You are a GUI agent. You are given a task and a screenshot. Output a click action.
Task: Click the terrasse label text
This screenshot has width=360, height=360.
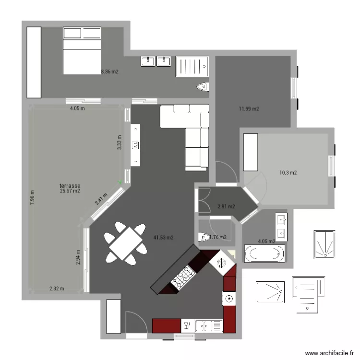click(x=70, y=185)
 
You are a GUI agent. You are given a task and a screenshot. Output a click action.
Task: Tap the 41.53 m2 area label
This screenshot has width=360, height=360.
click(x=163, y=237)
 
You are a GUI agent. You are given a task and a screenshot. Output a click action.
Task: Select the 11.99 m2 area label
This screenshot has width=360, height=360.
click(x=249, y=109)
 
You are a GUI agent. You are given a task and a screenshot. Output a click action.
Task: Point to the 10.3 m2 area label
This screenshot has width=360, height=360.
click(x=288, y=173)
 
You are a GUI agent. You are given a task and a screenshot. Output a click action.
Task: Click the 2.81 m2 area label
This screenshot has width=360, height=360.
click(x=226, y=207)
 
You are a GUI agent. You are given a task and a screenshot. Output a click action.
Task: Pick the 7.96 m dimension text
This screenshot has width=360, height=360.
click(x=32, y=197)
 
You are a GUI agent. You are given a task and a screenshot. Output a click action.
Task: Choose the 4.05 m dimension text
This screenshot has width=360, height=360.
click(x=77, y=108)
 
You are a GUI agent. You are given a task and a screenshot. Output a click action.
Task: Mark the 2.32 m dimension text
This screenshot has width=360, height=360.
click(x=57, y=289)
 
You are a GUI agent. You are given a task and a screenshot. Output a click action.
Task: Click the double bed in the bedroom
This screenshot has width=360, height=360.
click(x=82, y=50)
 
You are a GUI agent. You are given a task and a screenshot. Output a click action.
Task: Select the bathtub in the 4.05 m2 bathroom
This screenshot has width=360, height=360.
click(x=264, y=253)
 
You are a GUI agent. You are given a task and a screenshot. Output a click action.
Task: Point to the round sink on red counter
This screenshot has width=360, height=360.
click(x=229, y=299)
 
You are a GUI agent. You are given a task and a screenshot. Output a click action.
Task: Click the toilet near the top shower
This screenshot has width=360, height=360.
click(x=203, y=87)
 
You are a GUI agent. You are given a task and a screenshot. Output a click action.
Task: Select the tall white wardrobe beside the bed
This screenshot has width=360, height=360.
click(x=34, y=62)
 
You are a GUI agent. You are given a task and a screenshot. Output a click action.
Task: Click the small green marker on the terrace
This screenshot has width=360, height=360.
click(x=120, y=181)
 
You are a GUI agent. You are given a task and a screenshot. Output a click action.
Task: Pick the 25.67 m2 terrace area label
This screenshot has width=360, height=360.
click(x=70, y=191)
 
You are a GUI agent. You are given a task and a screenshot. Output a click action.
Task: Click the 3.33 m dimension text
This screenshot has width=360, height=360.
click(x=120, y=142)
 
